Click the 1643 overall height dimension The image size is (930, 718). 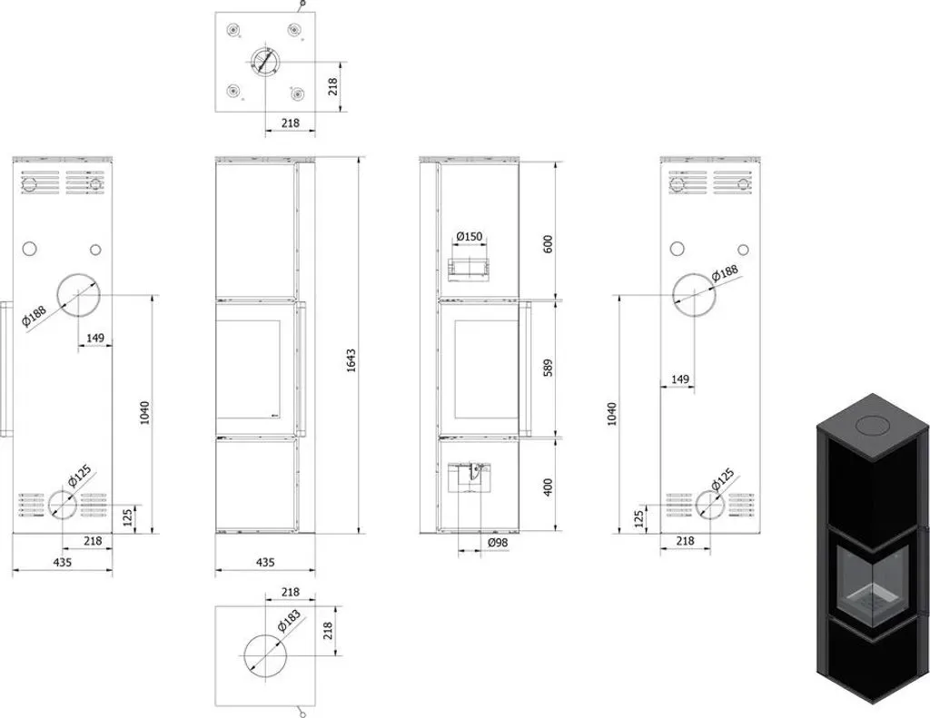pos(351,360)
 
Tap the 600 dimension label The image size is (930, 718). pos(548,243)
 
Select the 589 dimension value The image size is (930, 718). pos(548,367)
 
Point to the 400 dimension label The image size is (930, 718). pos(548,487)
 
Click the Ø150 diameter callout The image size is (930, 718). pos(470,237)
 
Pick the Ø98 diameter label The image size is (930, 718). pos(498,543)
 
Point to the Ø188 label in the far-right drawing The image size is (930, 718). pos(725,273)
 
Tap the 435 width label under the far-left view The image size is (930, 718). pos(63,562)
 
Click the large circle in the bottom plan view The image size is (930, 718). pos(265,655)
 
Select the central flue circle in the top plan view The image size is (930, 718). pos(264,62)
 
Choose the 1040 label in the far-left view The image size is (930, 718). pos(144,413)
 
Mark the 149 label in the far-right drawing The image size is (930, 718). pos(680,379)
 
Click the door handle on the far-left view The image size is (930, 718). pos(6,369)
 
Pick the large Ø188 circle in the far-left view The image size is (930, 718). pos(78,295)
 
